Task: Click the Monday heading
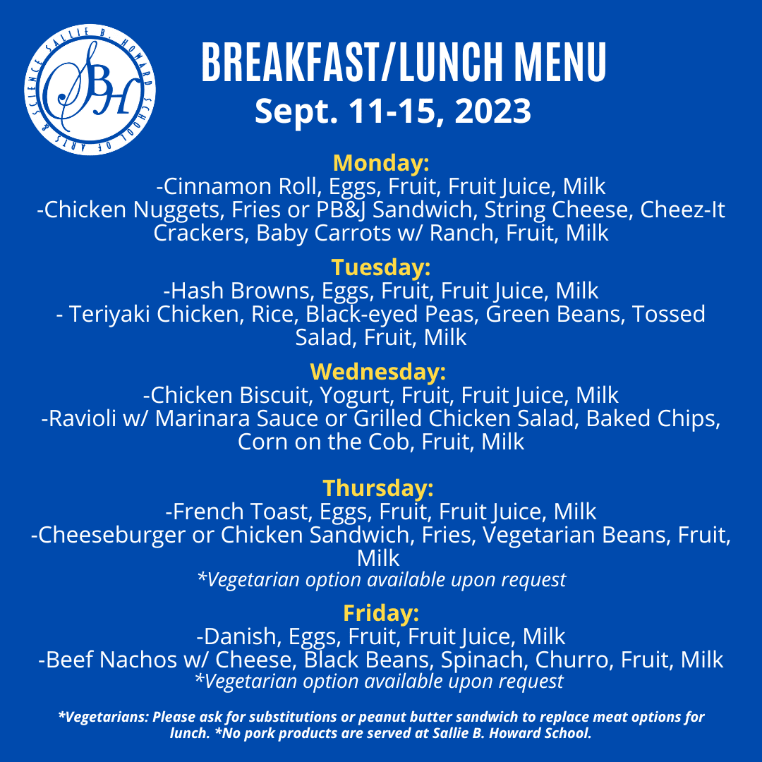(381, 163)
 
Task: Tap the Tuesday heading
(381, 267)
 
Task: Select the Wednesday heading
(378, 371)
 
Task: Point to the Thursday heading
(378, 488)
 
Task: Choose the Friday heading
(381, 612)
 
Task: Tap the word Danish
(241, 636)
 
